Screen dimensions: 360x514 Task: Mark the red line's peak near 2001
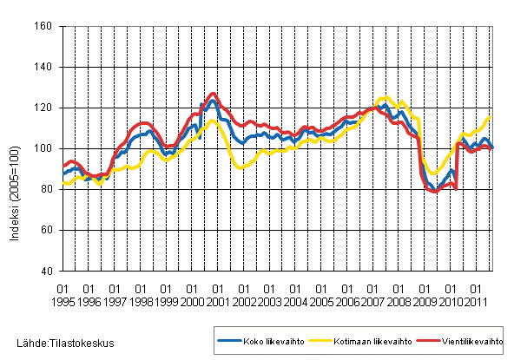[x=214, y=94]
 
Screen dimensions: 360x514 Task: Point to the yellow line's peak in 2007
[x=385, y=98]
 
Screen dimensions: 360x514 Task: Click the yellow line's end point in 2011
[x=491, y=116]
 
